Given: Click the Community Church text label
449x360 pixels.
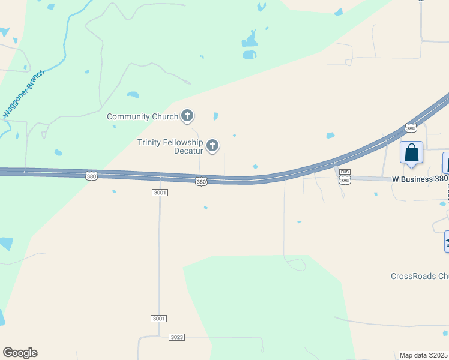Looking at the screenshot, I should pyautogui.click(x=142, y=116).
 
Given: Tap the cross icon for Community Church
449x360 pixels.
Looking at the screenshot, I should pyautogui.click(x=187, y=116).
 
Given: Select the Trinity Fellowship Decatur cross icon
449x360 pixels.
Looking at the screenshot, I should pyautogui.click(x=212, y=145).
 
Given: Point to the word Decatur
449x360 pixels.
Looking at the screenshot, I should pyautogui.click(x=188, y=151).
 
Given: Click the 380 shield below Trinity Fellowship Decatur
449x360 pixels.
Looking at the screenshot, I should pyautogui.click(x=201, y=181).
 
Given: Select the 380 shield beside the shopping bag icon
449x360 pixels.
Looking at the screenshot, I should pyautogui.click(x=411, y=128).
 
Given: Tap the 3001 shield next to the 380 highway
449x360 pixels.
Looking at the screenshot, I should pyautogui.click(x=160, y=193).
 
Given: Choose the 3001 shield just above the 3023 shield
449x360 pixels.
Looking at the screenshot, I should pyautogui.click(x=159, y=318).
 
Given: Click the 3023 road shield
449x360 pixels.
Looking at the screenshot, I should pyautogui.click(x=176, y=337).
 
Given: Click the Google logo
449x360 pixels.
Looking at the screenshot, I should pyautogui.click(x=20, y=353).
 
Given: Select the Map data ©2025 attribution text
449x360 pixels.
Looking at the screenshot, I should pyautogui.click(x=424, y=355).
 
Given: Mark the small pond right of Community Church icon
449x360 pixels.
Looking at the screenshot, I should pyautogui.click(x=215, y=116).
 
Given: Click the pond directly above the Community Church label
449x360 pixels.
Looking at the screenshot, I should pyautogui.click(x=133, y=94).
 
